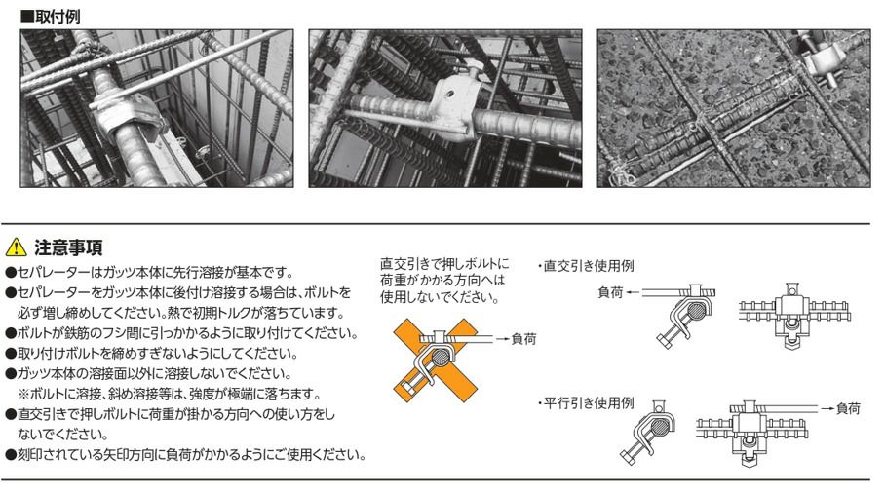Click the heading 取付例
tap(51, 17)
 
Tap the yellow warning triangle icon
tap(17, 247)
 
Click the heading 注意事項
tap(68, 247)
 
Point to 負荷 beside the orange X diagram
tap(523, 339)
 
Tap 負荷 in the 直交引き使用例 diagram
tap(610, 292)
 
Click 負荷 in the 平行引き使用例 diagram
tap(848, 408)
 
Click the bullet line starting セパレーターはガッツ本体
tap(149, 273)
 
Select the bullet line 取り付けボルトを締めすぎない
tap(151, 354)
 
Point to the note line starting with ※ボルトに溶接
tap(170, 394)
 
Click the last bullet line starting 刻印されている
tap(186, 454)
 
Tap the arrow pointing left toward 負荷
tap(634, 292)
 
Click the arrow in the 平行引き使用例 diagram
tap(827, 408)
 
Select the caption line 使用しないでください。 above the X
tap(440, 297)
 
